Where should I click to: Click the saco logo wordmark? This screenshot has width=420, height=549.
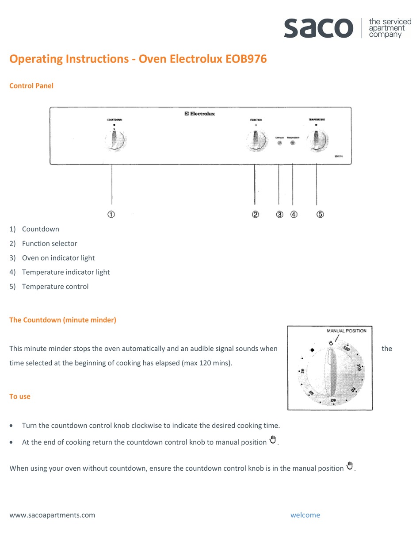[318, 27]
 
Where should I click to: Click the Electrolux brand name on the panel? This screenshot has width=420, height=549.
[200, 114]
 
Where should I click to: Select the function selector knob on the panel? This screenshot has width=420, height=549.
[256, 141]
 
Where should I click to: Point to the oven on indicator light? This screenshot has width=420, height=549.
[279, 143]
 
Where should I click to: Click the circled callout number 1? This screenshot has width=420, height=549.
[111, 214]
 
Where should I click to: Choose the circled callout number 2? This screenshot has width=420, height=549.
[256, 214]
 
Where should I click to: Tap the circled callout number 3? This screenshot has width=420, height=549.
[279, 214]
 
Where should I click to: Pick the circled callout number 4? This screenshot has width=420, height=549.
[294, 214]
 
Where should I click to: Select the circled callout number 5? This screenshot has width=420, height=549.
[320, 214]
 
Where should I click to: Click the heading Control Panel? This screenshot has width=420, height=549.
[31, 86]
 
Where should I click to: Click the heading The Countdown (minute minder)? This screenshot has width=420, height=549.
[63, 320]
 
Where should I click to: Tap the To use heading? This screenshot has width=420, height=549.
[20, 396]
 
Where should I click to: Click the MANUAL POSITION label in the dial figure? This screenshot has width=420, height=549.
[346, 331]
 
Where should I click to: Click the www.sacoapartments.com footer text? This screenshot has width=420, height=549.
[52, 515]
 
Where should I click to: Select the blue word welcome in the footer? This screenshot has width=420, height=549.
[305, 515]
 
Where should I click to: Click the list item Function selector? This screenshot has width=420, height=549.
[50, 243]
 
